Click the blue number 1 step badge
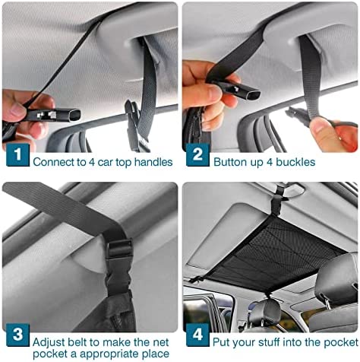[x=17, y=154]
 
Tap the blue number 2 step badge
[x=197, y=154]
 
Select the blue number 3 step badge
[x=17, y=335]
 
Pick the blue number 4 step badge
[x=197, y=335]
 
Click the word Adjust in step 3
[x=49, y=342]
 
